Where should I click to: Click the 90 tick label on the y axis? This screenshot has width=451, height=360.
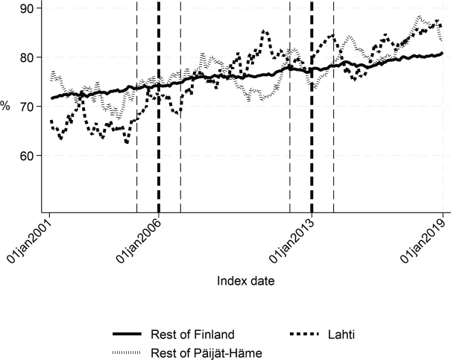tap(26, 8)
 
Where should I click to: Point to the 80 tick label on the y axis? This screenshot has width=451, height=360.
tap(26, 57)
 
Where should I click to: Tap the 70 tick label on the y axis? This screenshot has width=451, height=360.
tap(26, 107)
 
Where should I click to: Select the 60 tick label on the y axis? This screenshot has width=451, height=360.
tap(26, 156)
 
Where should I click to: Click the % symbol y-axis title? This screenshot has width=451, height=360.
tap(5, 106)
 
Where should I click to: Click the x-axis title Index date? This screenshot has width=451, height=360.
tap(246, 281)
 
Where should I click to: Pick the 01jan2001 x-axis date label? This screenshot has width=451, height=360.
tap(30, 241)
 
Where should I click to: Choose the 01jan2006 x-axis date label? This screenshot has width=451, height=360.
tap(139, 241)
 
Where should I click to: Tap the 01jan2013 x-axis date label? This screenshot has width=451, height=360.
tap(291, 241)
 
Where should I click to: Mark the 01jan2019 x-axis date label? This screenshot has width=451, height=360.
tap(423, 241)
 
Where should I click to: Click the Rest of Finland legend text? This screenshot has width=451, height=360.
tap(192, 335)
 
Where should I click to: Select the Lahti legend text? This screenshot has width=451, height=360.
tap(341, 335)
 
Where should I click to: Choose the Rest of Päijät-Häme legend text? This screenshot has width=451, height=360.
tap(206, 353)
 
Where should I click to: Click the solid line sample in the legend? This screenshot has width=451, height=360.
tap(127, 334)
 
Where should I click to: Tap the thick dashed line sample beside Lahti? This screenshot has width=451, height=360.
tap(304, 334)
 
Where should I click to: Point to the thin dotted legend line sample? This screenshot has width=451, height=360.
tap(127, 353)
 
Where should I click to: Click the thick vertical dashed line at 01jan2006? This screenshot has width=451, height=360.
tap(159, 107)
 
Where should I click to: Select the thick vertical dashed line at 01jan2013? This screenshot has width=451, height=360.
tap(312, 107)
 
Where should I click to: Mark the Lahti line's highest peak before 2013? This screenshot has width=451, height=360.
tap(264, 31)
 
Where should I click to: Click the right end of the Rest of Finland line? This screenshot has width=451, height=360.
tap(442, 53)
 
